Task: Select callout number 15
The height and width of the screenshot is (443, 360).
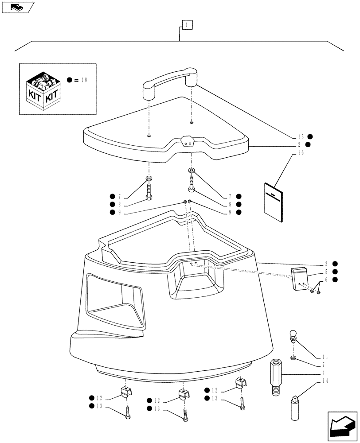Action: point(301,136)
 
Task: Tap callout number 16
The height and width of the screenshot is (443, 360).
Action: point(301,152)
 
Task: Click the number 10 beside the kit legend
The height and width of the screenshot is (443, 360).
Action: point(84,80)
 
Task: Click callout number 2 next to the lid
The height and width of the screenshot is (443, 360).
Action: point(301,144)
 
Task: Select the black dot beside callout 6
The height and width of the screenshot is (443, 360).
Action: point(335,280)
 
